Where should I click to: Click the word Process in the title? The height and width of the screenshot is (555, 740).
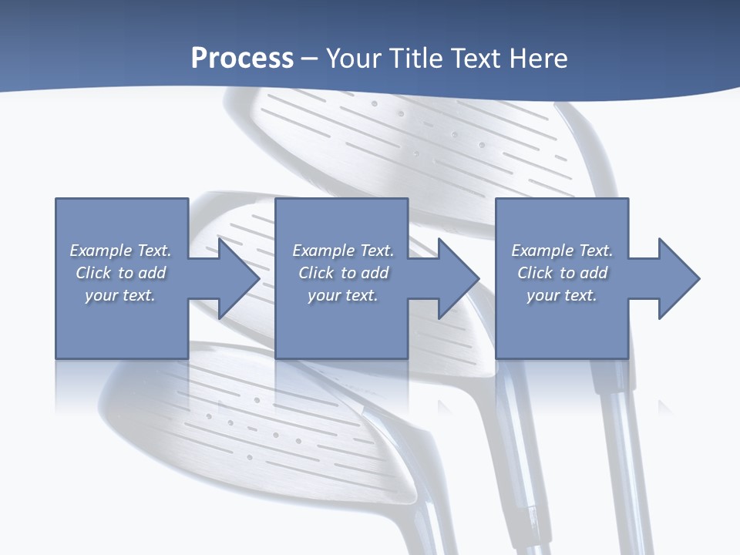(x=242, y=59)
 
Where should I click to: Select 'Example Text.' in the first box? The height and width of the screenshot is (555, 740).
(x=120, y=251)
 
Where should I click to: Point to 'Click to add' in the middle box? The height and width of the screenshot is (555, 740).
(x=343, y=273)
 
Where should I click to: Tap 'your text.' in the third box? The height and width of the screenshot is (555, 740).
(x=561, y=295)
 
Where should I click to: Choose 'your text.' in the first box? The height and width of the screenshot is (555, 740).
(x=120, y=295)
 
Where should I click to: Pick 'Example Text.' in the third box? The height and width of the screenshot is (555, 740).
(x=562, y=251)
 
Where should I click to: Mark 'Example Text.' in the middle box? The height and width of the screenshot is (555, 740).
(x=343, y=251)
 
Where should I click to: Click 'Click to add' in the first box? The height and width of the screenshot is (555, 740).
(x=120, y=273)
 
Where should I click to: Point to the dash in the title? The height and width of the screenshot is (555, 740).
(x=309, y=59)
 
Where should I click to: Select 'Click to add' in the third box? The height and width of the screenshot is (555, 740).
(x=562, y=273)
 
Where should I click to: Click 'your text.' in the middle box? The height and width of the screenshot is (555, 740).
(x=342, y=295)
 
